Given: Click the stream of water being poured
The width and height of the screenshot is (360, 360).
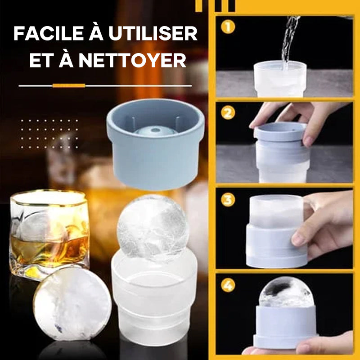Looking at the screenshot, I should pyautogui.click(x=288, y=40).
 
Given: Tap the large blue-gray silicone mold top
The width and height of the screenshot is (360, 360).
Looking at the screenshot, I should pyautogui.click(x=155, y=144).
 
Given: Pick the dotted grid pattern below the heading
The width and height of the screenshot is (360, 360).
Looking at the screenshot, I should pyautogui.click(x=49, y=134).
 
